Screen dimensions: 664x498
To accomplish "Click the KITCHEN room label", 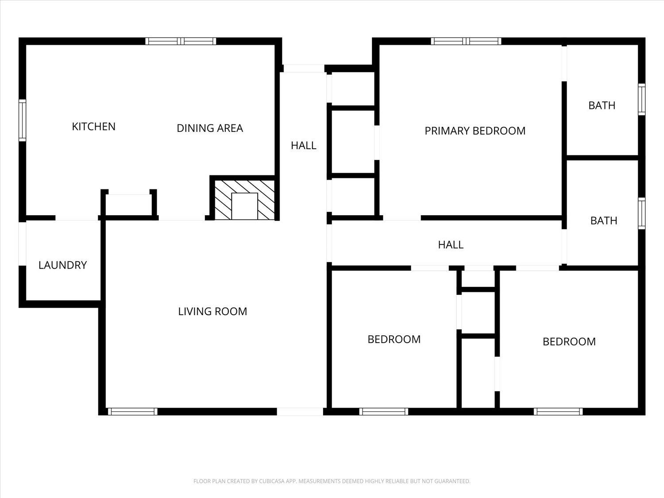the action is click(94, 127).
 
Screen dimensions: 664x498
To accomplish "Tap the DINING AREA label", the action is click(210, 128).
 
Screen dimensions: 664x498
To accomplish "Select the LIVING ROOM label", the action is click(212, 312).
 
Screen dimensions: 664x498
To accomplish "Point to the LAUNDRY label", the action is click(62, 265).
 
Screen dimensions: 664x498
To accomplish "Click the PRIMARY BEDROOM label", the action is click(475, 131).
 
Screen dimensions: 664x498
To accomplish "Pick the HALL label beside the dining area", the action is click(303, 146).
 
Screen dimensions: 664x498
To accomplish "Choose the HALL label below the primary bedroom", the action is click(451, 245).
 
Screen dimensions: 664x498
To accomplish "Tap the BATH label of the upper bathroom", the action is click(602, 105).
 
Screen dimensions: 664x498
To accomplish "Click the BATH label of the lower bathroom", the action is click(604, 221).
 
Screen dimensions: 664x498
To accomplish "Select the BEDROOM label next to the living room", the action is click(394, 339).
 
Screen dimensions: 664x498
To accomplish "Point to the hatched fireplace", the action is click(244, 200).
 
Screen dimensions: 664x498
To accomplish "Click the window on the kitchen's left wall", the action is click(23, 120).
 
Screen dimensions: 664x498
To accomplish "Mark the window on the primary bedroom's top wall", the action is click(466, 41).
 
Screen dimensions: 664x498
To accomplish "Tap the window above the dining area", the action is click(181, 41).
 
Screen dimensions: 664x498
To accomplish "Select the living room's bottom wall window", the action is click(132, 412).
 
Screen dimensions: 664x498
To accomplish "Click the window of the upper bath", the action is click(641, 100).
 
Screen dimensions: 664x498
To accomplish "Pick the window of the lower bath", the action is click(641, 213).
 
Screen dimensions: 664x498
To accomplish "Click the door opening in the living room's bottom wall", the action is click(300, 412).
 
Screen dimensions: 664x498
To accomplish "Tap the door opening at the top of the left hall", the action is click(304, 68).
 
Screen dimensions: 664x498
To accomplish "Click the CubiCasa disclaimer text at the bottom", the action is click(332, 481).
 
